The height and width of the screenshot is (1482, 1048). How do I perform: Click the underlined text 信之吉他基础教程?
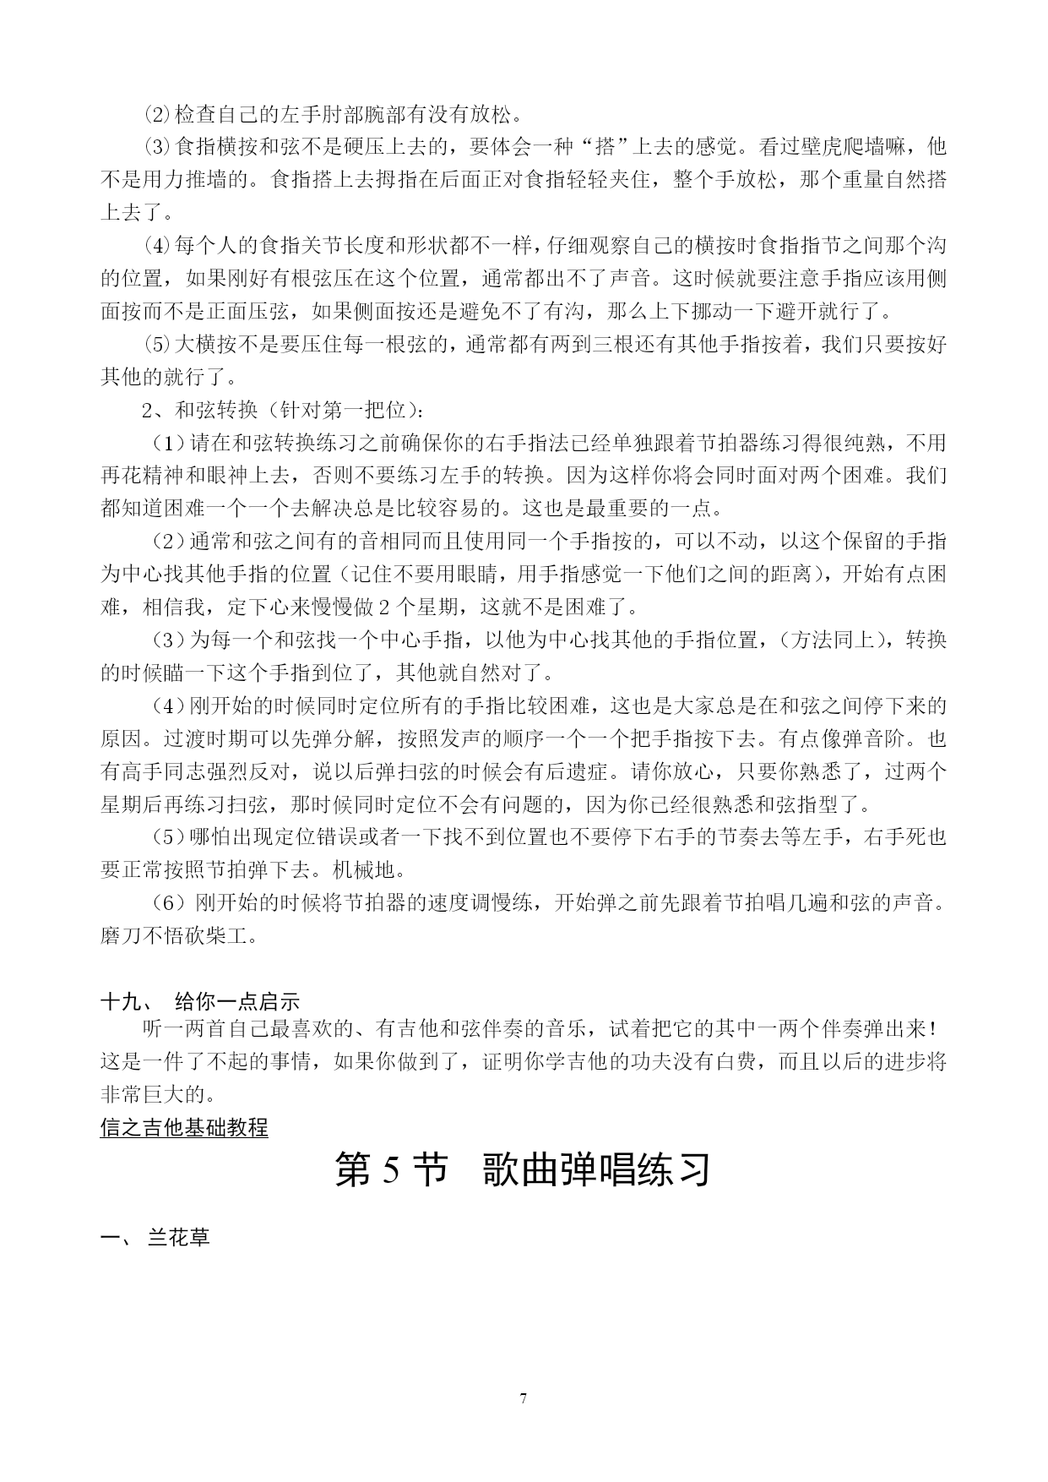[x=184, y=1127]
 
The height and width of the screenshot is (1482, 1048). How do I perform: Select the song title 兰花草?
[x=179, y=1239]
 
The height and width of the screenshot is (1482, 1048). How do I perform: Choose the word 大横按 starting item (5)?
[x=205, y=345]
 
